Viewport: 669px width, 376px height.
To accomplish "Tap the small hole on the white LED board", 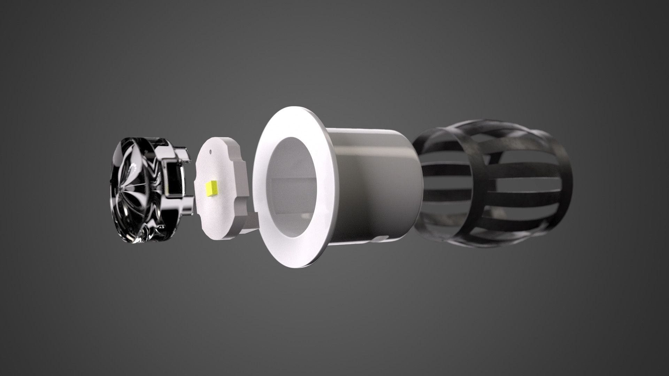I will click(x=211, y=151).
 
